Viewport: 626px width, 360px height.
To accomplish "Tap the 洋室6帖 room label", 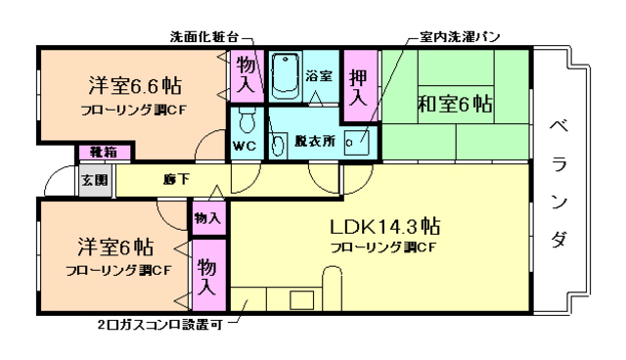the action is pos(115,245).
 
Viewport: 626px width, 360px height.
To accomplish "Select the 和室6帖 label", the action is pos(457,103).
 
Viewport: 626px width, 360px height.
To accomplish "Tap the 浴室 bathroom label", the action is pos(318,75).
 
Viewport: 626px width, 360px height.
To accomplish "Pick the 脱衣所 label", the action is pos(315,140).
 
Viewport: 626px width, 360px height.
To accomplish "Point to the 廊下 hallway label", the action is pos(176,179).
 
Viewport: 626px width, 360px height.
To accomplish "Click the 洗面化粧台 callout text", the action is pos(204,36).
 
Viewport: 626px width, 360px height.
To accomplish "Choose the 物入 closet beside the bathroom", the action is pos(246,75).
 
